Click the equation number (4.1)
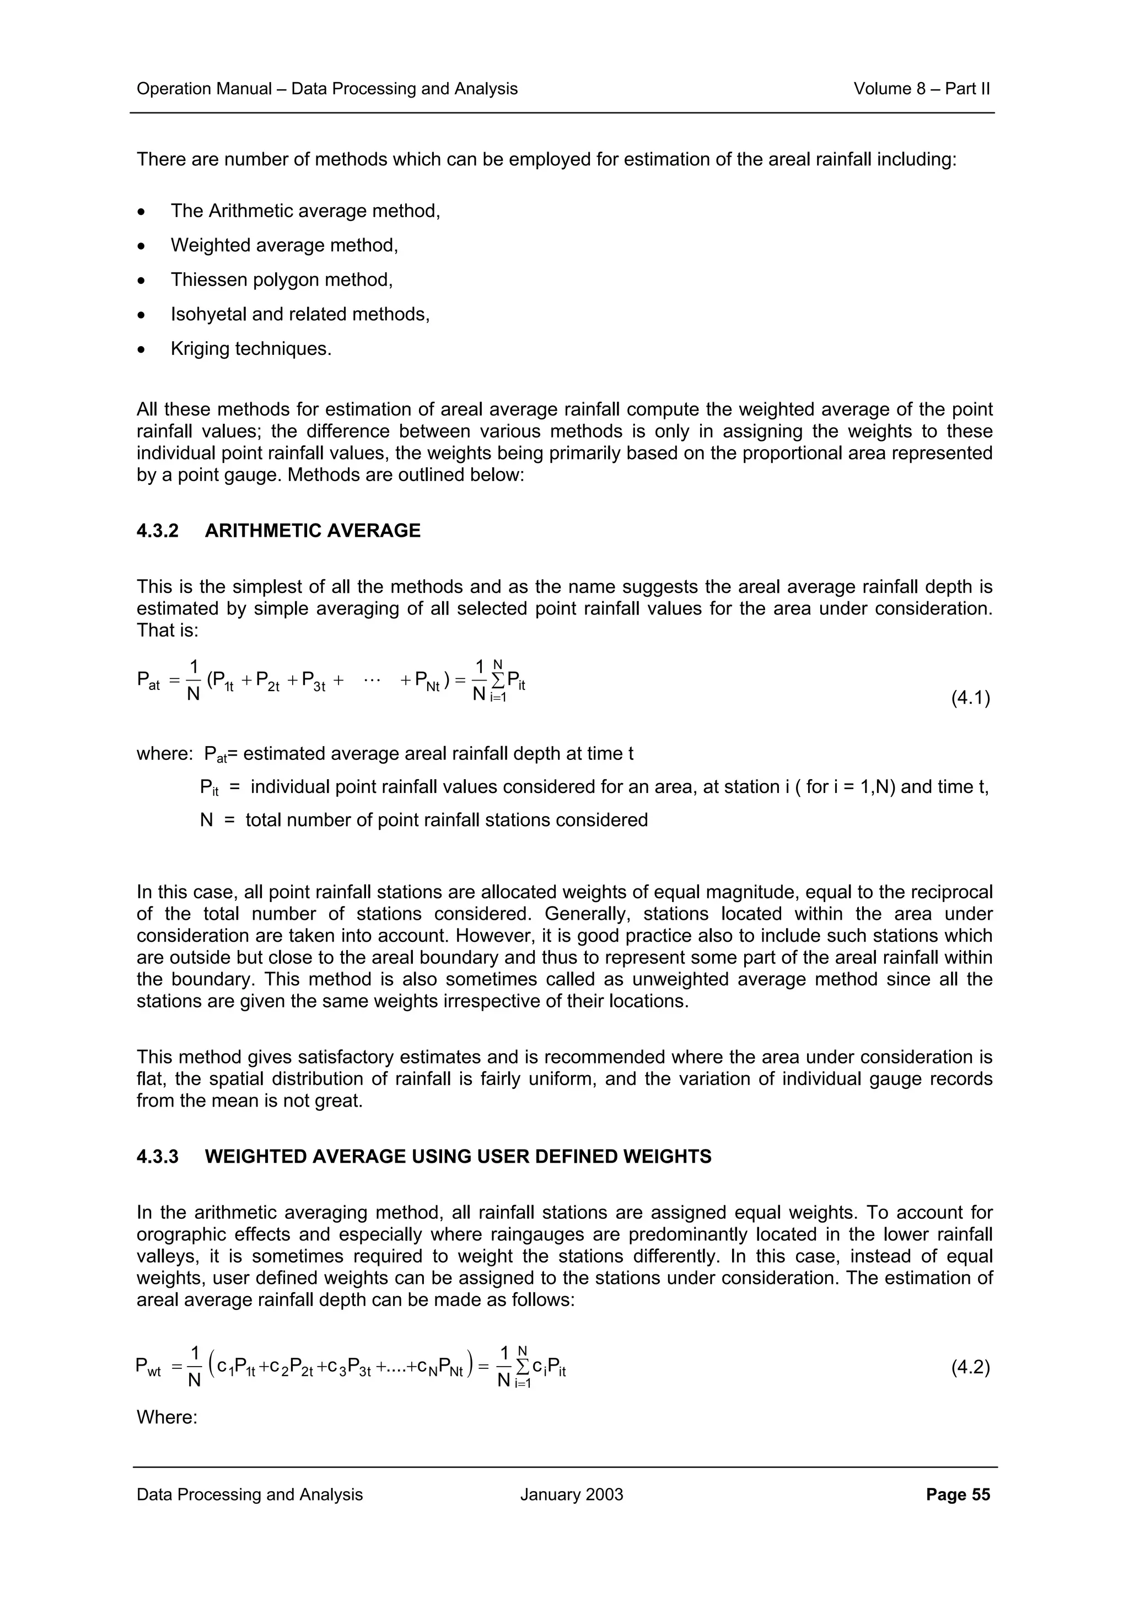[970, 698]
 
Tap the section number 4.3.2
[157, 531]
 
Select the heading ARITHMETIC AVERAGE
[313, 531]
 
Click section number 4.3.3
[157, 1157]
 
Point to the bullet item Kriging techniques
[251, 348]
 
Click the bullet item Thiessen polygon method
[282, 279]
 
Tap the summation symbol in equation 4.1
[498, 679]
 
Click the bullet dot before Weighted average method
[142, 246]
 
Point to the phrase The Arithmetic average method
[305, 211]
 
